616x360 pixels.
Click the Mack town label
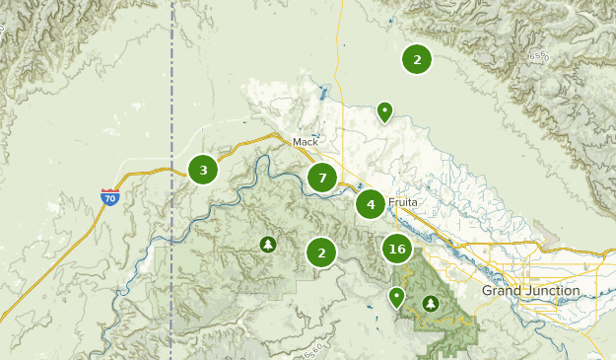tap(306, 142)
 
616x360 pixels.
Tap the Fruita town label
tap(403, 201)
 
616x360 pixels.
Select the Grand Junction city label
tap(530, 292)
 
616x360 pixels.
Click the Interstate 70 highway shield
tap(109, 197)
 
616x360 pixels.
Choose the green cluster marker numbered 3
tap(203, 170)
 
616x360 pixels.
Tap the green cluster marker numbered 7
tap(321, 178)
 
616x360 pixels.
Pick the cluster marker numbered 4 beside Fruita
tap(371, 205)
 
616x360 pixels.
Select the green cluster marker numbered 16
tap(397, 249)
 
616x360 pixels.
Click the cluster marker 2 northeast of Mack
tap(417, 59)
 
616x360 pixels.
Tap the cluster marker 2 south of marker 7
tap(321, 252)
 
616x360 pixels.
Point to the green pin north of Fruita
tap(384, 111)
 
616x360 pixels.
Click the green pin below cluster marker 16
tap(396, 296)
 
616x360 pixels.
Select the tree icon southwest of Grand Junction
tap(431, 303)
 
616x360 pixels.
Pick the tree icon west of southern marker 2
tap(267, 244)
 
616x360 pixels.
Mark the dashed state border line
tap(172, 99)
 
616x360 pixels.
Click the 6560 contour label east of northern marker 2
tap(537, 57)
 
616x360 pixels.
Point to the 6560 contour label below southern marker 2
tap(313, 350)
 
